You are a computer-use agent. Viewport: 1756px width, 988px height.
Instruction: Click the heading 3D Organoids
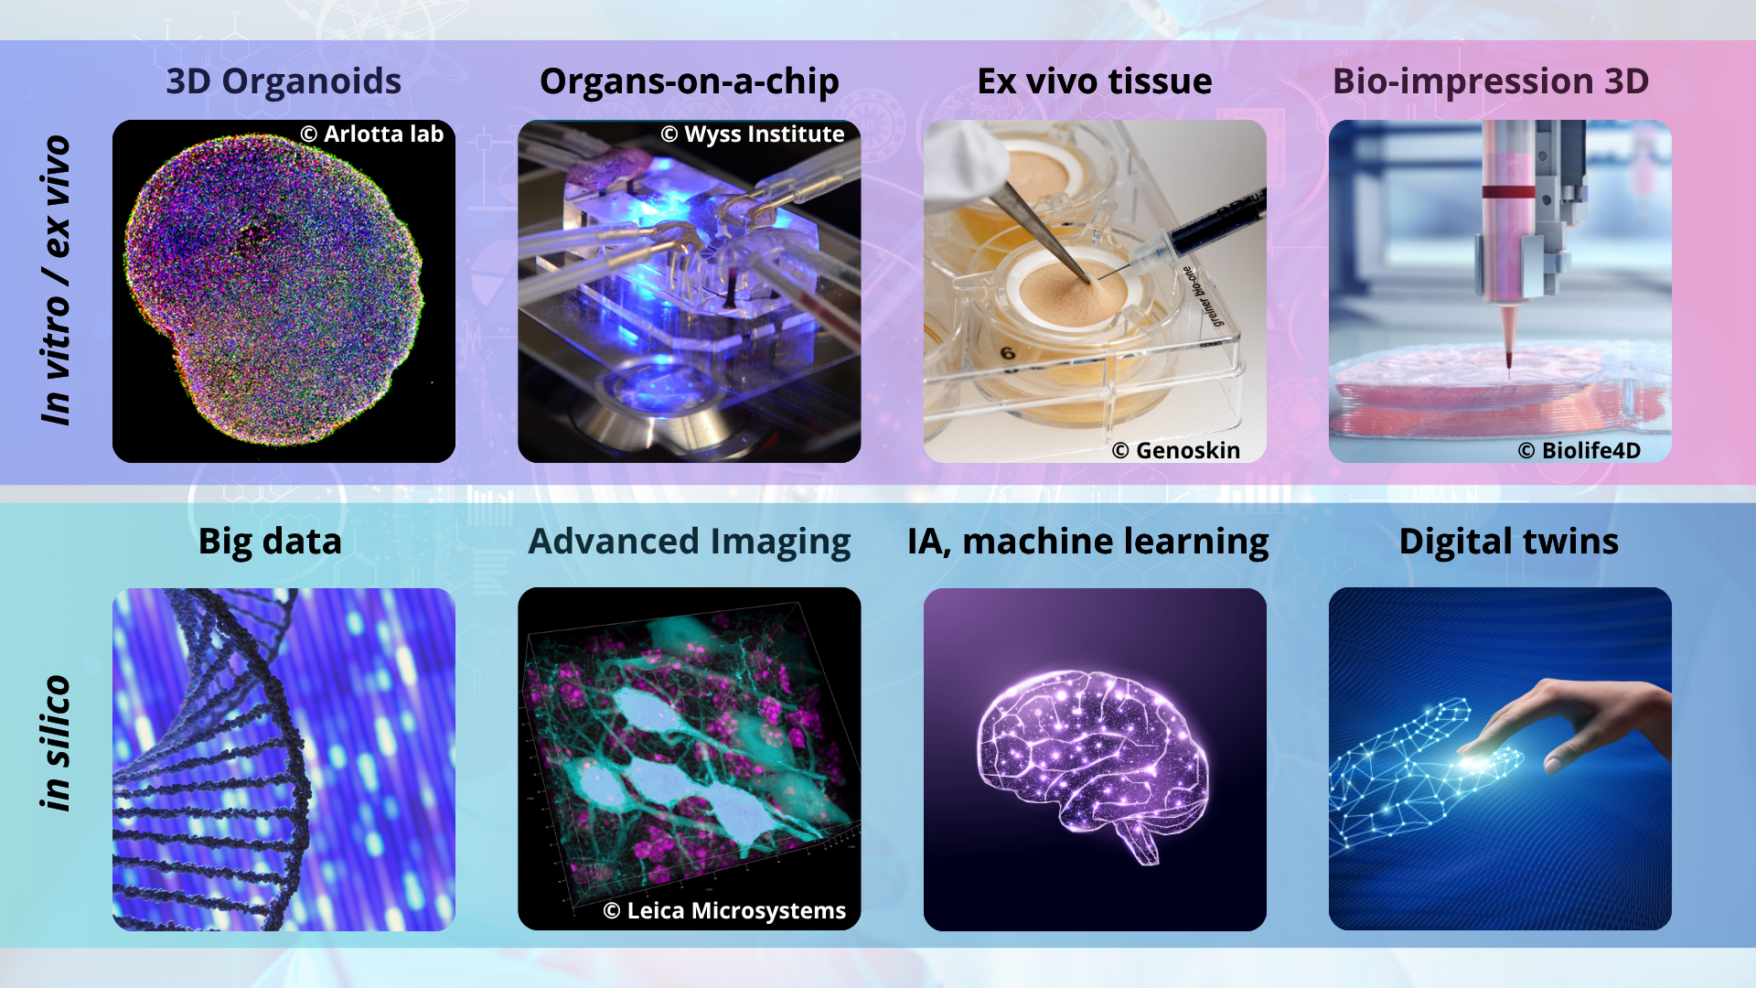(x=284, y=81)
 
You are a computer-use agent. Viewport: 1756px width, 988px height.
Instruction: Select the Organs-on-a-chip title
(x=690, y=81)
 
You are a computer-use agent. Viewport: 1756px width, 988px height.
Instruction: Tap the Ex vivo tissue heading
(x=1095, y=81)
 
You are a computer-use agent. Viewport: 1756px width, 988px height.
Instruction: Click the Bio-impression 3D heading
(x=1491, y=81)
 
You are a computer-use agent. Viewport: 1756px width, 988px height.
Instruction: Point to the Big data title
(x=270, y=542)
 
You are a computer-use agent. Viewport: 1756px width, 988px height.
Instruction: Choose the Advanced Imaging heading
(x=690, y=542)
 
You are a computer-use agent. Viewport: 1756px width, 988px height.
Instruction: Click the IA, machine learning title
(x=1088, y=542)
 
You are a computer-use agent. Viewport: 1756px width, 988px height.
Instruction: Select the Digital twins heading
(x=1509, y=542)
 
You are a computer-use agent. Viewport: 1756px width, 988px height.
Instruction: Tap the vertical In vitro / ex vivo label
(x=56, y=280)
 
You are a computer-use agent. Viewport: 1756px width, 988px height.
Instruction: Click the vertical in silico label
(x=56, y=743)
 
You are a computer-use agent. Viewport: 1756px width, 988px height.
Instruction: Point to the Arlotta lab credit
(x=372, y=134)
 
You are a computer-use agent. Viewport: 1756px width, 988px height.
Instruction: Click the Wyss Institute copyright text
(x=753, y=134)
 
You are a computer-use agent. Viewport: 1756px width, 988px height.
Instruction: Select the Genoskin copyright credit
(x=1176, y=450)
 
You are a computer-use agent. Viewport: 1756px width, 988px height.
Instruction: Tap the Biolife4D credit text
(x=1579, y=450)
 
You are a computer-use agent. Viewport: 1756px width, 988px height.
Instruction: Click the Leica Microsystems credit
(x=724, y=910)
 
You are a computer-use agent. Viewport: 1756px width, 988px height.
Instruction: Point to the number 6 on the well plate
(x=1007, y=353)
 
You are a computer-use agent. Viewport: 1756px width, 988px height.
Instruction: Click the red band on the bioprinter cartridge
(x=1508, y=192)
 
